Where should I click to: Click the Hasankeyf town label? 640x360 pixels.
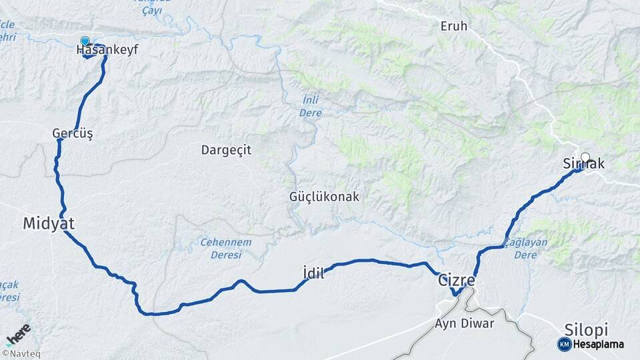(107, 50)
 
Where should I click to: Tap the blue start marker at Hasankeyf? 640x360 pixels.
(85, 41)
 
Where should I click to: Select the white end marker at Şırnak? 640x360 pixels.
(585, 158)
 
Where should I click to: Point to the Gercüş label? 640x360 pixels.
(72, 133)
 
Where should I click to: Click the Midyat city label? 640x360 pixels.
(49, 224)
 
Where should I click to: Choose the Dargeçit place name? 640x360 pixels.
(226, 150)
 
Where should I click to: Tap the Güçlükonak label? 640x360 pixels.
(324, 197)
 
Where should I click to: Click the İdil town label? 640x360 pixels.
(313, 273)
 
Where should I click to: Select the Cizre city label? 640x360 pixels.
(456, 281)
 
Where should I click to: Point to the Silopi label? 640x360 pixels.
(586, 329)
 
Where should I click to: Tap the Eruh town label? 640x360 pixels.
(454, 27)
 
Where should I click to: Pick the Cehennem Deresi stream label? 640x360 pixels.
(222, 249)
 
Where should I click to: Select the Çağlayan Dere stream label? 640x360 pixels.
(526, 248)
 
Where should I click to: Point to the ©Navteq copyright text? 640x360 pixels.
(21, 354)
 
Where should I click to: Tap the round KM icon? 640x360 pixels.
(564, 344)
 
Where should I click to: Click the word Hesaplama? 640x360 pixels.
(598, 344)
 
